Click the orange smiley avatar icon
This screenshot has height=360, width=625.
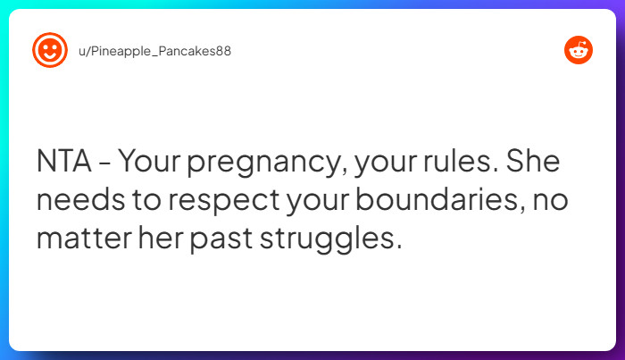tap(50, 50)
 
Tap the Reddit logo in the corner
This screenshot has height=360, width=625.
tap(579, 51)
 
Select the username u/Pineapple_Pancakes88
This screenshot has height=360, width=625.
tap(155, 51)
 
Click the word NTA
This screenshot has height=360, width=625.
tap(62, 163)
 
